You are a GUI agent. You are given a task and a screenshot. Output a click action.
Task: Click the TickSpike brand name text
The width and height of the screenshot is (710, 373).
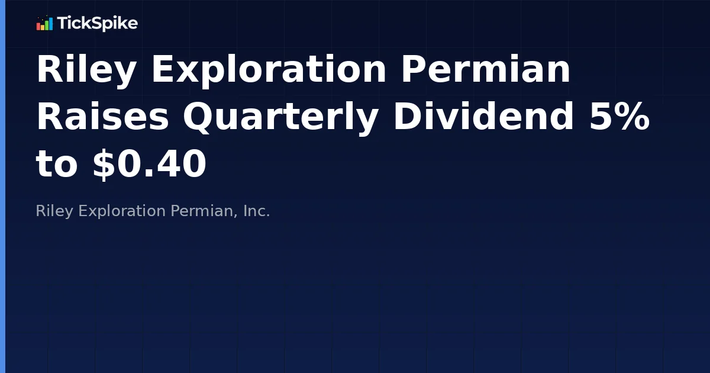(97, 24)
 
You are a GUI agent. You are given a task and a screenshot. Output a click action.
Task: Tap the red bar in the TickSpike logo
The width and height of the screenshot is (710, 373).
(38, 27)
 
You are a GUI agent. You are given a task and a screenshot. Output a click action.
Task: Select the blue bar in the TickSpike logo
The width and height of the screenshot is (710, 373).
(51, 24)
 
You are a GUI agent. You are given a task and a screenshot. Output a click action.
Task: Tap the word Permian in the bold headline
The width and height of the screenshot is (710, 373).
(486, 70)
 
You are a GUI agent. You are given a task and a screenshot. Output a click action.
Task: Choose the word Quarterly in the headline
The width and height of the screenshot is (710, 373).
(280, 118)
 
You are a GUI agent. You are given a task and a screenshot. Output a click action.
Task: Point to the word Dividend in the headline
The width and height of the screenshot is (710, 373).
(483, 117)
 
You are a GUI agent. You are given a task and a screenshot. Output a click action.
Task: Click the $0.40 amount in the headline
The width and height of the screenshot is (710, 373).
(149, 164)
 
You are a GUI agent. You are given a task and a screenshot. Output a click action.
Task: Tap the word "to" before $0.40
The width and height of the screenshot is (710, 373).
(57, 164)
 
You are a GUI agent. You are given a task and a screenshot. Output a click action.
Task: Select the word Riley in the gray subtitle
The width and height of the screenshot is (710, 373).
(55, 211)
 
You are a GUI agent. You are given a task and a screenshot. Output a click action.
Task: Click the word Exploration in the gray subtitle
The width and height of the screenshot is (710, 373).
(122, 211)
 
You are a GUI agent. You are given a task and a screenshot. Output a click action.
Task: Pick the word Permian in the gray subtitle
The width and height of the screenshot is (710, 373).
(204, 211)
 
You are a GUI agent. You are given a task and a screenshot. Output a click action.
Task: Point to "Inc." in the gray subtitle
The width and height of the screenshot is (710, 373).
(256, 211)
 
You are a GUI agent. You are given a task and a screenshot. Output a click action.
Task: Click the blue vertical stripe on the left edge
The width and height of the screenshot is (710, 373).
(2, 186)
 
